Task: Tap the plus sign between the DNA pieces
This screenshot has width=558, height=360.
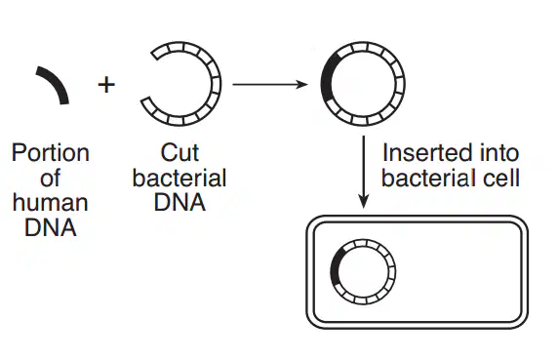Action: point(106,85)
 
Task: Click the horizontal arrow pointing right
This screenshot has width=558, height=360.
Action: point(270,84)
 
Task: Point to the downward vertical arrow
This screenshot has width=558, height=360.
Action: point(363,172)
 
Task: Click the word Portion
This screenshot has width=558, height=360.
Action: point(51,153)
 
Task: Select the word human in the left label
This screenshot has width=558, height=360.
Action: point(50,203)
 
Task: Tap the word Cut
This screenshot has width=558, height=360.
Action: point(179,153)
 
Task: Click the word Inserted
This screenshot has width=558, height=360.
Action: point(421,152)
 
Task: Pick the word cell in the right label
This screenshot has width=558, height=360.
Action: point(501,178)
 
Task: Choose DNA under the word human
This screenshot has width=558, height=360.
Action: point(50,227)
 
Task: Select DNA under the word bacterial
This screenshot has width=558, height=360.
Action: point(179,203)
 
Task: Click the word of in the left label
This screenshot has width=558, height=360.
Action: point(50,178)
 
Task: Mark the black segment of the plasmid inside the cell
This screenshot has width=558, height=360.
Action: point(334,269)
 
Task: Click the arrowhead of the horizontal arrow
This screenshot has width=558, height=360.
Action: point(302,84)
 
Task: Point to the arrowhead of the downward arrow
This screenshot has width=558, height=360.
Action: point(363,202)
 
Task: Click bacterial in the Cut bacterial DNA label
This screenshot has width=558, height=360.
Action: point(179,178)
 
